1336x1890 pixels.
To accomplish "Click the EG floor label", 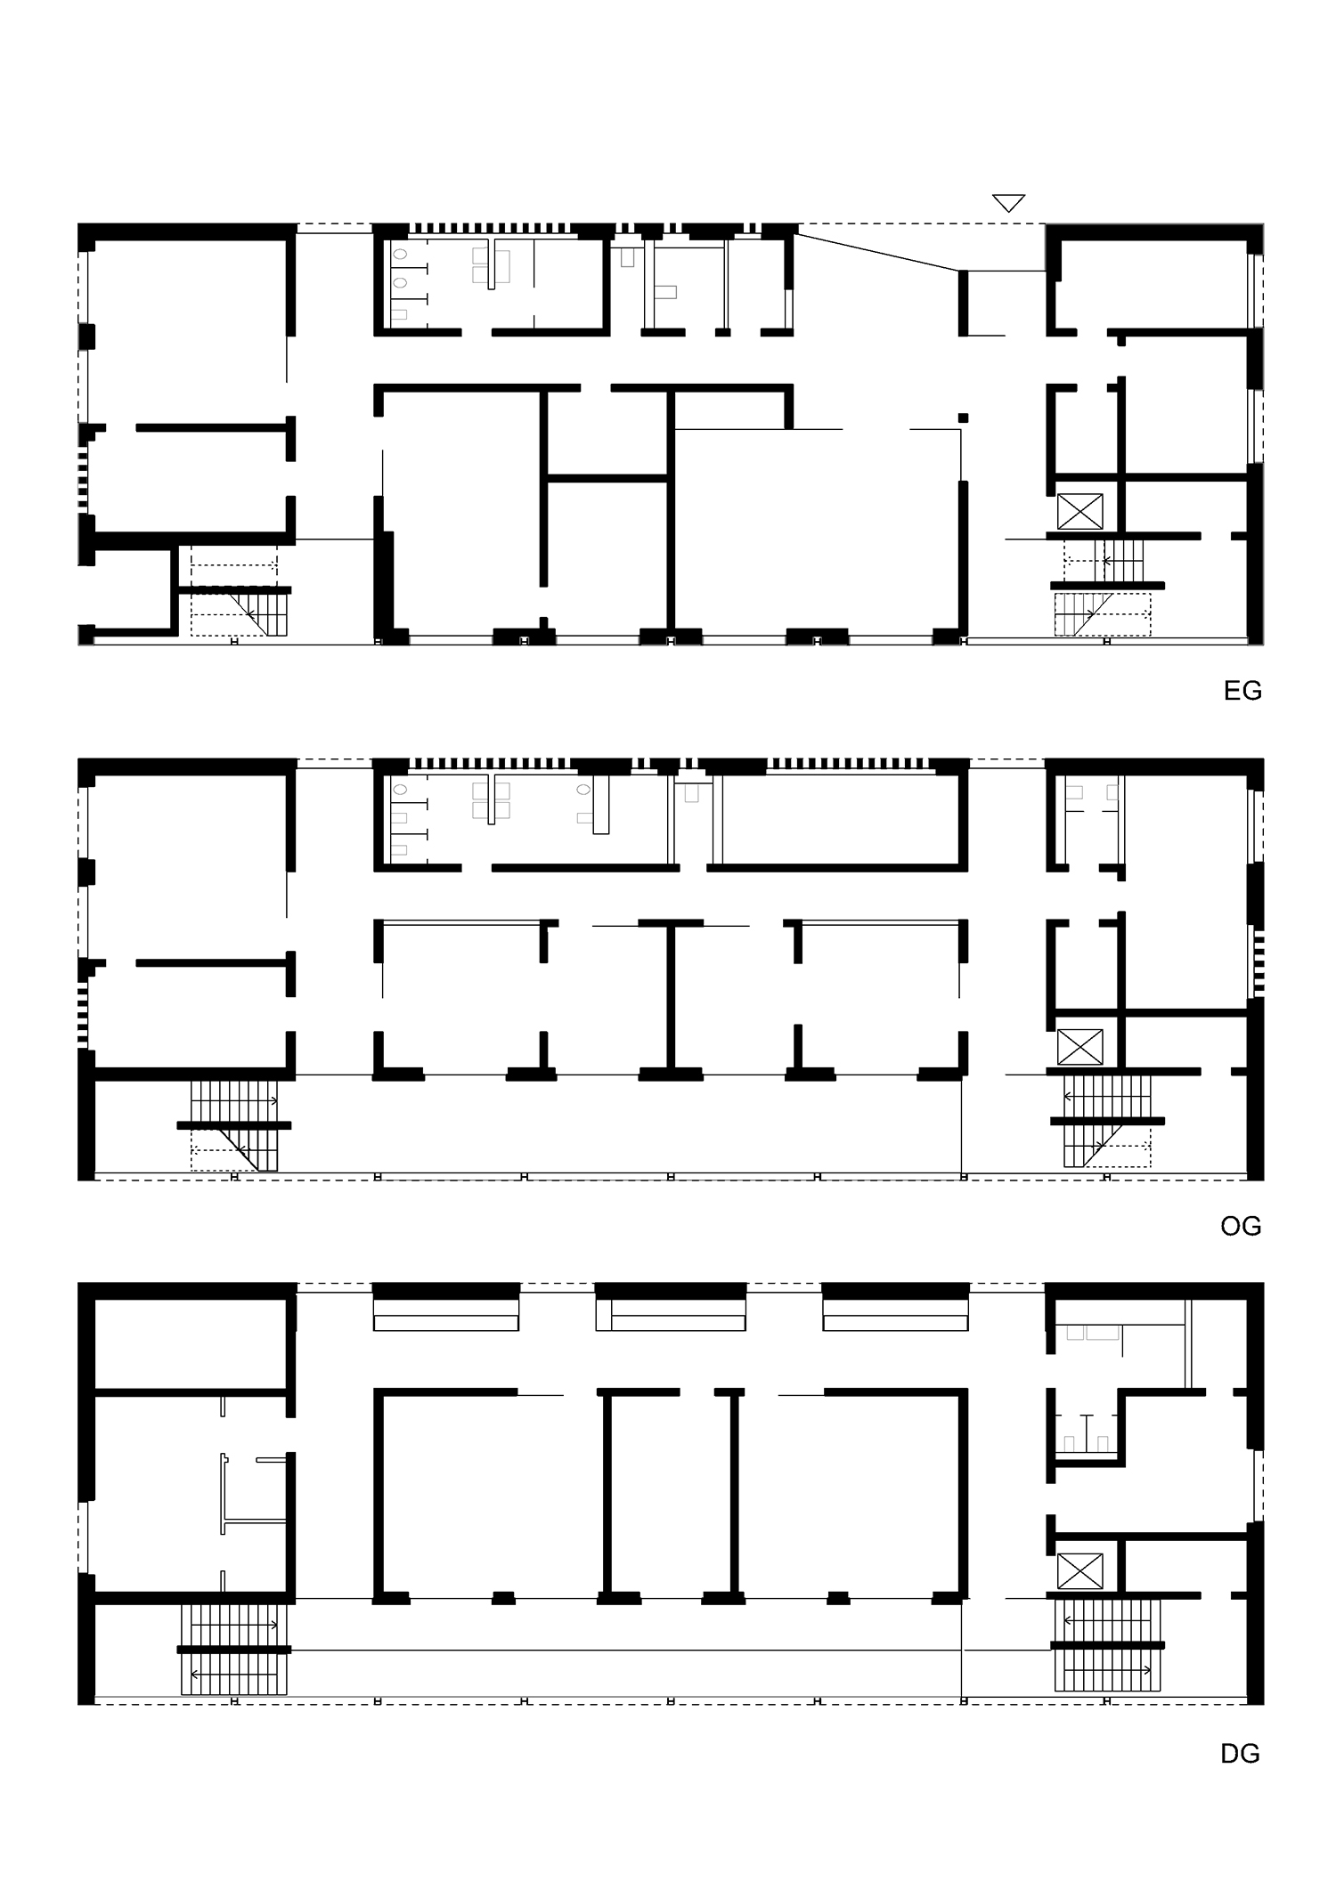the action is (1242, 691).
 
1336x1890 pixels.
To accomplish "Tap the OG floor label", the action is (1241, 1227).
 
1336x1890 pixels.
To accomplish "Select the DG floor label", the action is (1241, 1754).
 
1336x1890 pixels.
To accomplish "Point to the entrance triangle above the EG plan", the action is (1008, 203).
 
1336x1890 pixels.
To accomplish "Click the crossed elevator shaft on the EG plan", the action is (1079, 512).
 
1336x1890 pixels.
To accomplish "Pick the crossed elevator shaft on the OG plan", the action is (1079, 1047).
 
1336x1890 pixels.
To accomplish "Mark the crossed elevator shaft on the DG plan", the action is (1079, 1571).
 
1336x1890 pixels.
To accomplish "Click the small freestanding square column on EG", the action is (963, 418).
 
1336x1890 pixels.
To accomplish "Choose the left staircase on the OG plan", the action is (233, 1125).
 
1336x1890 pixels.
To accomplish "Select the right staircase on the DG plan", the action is (1107, 1645).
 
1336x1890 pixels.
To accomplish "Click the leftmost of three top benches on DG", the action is (445, 1315).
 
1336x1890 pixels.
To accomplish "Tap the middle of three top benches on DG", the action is (671, 1315).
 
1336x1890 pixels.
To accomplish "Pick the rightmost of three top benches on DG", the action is (895, 1315).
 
